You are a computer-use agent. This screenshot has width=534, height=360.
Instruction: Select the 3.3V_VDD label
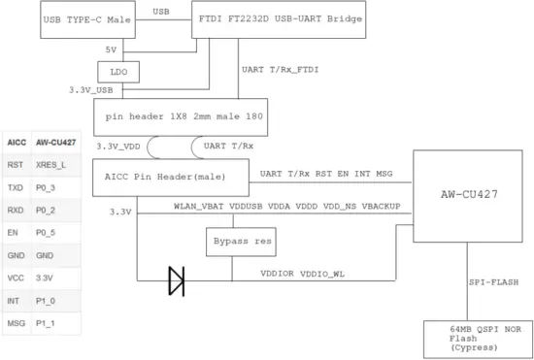click(118, 146)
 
